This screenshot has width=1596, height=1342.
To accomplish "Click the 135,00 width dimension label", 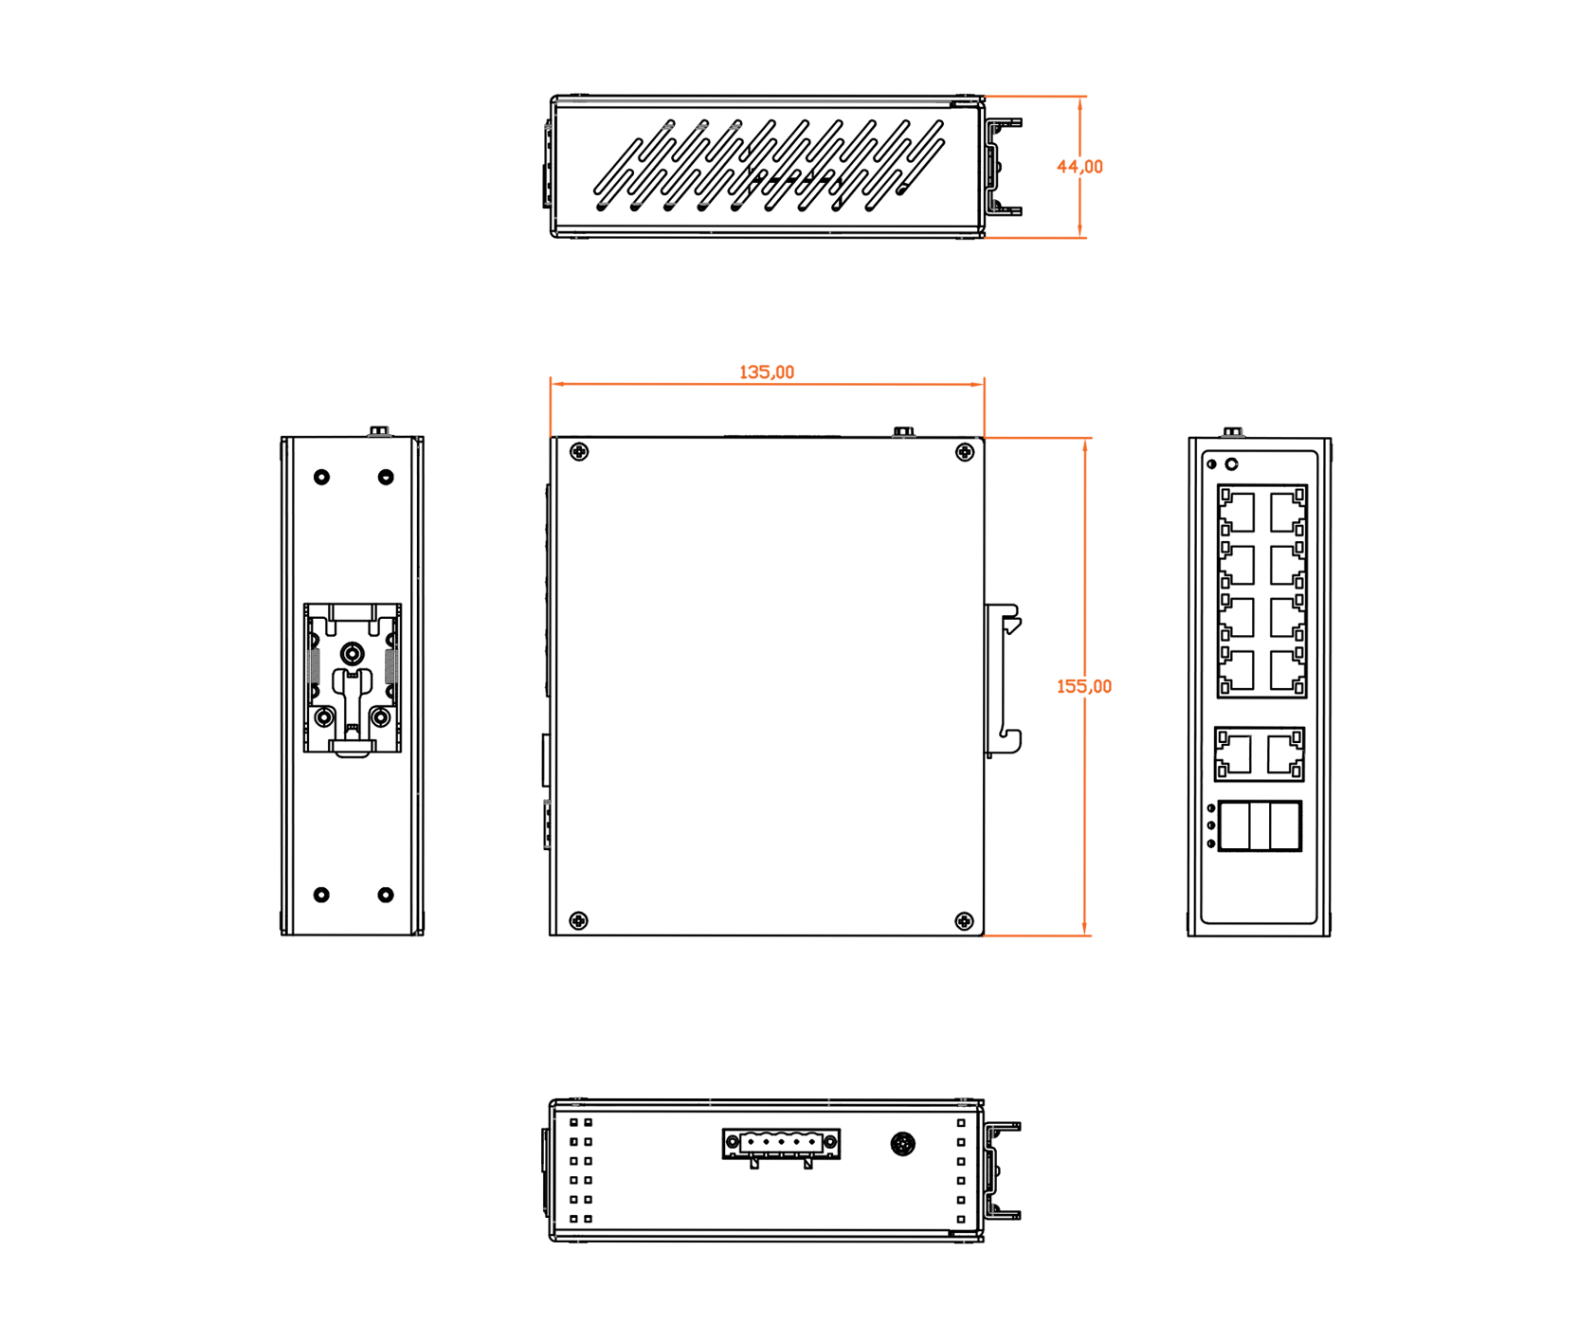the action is point(766,372).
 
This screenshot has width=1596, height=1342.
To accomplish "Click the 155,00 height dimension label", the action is point(1084,686).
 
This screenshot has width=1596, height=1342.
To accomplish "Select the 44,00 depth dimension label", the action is point(1079,167).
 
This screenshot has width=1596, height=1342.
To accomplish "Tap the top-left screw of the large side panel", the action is point(579,452).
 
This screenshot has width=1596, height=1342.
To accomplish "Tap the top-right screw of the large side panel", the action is point(965,452).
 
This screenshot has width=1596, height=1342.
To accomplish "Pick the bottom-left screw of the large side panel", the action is point(578,920).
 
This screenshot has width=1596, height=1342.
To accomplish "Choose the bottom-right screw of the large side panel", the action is point(964,921).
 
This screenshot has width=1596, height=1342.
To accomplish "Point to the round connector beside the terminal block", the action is point(903,1144).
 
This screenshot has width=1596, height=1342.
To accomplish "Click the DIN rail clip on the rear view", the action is point(353,679).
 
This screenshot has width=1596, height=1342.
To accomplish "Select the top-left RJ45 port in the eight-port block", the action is point(1237,512).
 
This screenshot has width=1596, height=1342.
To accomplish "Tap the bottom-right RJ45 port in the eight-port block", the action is point(1287,671).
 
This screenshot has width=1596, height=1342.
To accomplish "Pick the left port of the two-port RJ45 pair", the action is point(1235,754).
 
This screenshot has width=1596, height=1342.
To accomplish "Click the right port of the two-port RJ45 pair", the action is point(1284,754).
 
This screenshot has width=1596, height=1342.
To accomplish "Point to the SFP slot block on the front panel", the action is point(1260,826).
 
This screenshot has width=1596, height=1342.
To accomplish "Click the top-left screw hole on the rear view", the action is point(321,477).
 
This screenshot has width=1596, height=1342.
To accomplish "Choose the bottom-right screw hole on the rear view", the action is point(386,895).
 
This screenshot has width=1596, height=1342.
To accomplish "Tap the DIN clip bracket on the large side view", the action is point(1003,680).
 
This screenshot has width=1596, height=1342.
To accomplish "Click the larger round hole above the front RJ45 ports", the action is point(1232,464).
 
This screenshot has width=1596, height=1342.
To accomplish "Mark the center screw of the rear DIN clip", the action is point(353,653).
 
